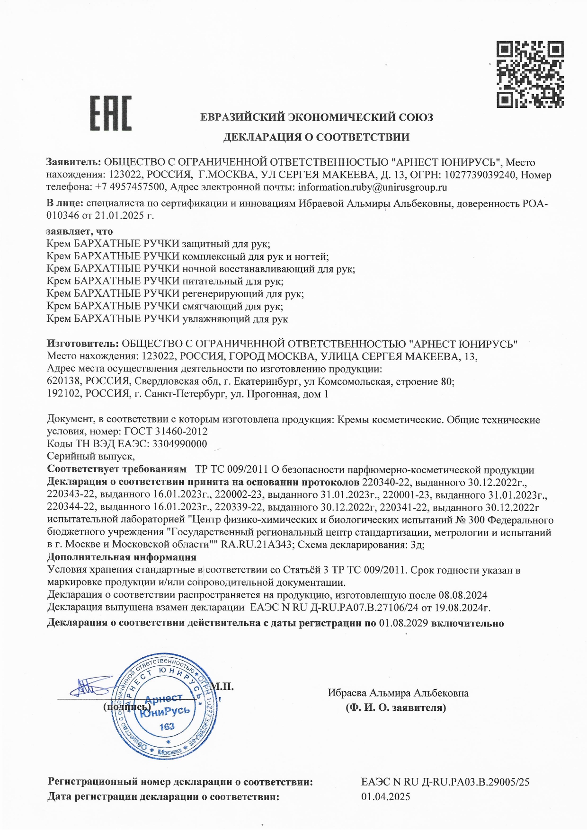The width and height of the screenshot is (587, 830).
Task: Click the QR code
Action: click(x=530, y=74)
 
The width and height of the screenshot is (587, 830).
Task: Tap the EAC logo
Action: click(x=111, y=114)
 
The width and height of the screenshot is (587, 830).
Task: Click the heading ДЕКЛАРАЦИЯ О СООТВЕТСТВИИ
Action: click(x=316, y=137)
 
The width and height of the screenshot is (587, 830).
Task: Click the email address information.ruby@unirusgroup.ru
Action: click(x=372, y=187)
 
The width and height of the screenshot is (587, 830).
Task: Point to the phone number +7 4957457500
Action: click(x=130, y=187)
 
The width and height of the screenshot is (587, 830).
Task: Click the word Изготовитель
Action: click(x=82, y=344)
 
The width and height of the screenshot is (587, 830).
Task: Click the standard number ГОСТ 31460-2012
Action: click(x=166, y=432)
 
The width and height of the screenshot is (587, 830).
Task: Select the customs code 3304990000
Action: click(x=178, y=444)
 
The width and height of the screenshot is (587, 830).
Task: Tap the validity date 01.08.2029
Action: click(x=403, y=623)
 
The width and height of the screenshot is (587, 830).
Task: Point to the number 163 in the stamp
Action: click(x=167, y=726)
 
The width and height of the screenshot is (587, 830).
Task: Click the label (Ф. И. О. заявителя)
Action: click(x=396, y=708)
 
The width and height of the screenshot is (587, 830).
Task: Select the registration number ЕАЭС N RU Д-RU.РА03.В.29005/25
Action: click(x=445, y=782)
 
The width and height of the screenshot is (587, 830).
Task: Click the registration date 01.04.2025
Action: click(x=386, y=797)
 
